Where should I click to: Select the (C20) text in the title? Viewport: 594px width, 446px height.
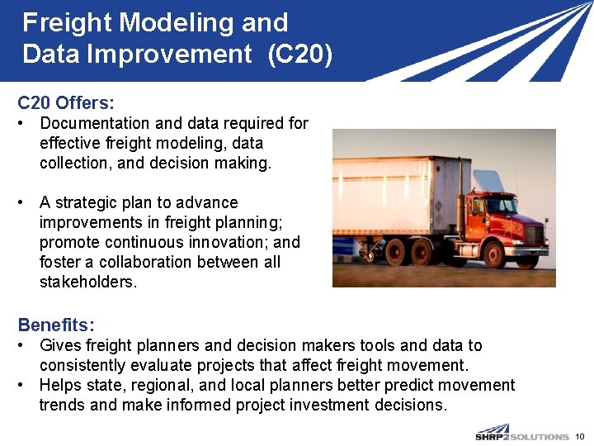[300, 55]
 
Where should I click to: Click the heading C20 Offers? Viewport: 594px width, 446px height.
[66, 103]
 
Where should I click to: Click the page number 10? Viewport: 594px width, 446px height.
[579, 435]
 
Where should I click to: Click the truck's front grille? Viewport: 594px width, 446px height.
[535, 235]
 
